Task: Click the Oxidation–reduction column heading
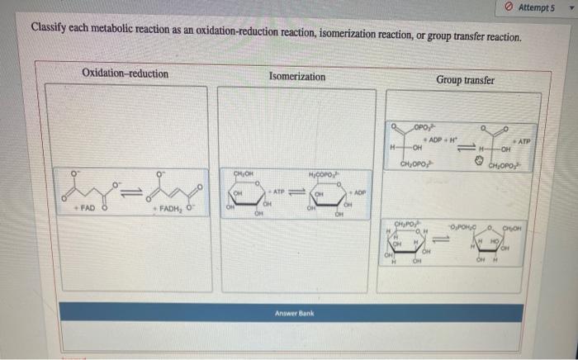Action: click(x=125, y=74)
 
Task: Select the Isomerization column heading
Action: click(x=297, y=77)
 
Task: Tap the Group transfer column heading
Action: click(x=466, y=80)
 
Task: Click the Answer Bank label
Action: click(x=296, y=313)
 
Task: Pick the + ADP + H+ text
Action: click(x=443, y=139)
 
